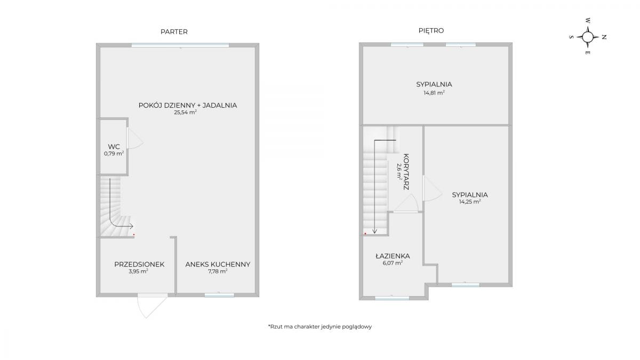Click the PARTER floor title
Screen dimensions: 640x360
click(x=174, y=31)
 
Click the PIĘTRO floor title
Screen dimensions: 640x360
click(x=431, y=30)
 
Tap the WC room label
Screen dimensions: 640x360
click(x=114, y=147)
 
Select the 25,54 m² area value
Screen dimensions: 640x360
click(x=186, y=113)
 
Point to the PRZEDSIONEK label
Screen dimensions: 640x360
click(x=139, y=265)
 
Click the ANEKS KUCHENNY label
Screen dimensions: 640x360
click(x=218, y=265)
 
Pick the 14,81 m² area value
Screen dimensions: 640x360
click(x=434, y=93)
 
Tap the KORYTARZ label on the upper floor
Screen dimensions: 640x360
click(x=406, y=172)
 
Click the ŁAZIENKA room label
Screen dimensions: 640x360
click(x=393, y=256)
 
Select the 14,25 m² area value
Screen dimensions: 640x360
click(x=470, y=202)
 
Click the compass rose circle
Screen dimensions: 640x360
click(x=587, y=37)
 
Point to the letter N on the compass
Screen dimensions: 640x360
click(x=604, y=37)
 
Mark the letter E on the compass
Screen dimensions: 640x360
click(x=587, y=53)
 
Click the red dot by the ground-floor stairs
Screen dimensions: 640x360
click(x=134, y=235)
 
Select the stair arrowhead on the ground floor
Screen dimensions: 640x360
click(x=131, y=226)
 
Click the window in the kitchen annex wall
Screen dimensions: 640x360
click(x=219, y=295)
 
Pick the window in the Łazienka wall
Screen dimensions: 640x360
click(x=392, y=298)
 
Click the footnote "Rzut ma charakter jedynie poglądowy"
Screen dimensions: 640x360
click(x=320, y=326)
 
